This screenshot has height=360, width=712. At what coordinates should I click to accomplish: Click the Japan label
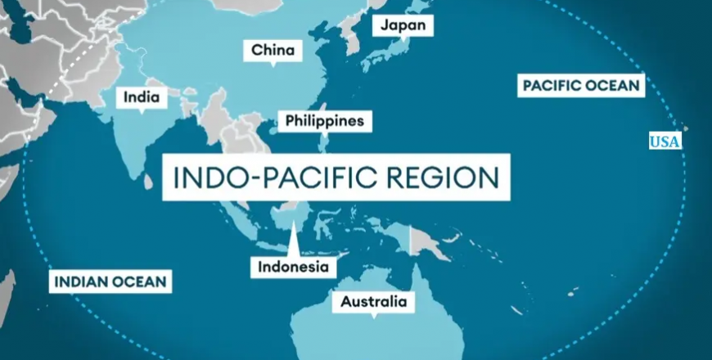tap(403, 25)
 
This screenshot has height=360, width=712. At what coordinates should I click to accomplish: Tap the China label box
tap(273, 51)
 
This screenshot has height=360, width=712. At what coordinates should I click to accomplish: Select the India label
tap(141, 97)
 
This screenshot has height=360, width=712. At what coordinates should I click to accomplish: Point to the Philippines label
tap(324, 121)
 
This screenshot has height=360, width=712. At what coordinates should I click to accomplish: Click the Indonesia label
tap(292, 267)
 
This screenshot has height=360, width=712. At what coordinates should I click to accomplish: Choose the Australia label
tap(373, 302)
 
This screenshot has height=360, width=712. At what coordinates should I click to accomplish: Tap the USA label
tap(665, 142)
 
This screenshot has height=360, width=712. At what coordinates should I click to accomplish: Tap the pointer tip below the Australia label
tap(373, 316)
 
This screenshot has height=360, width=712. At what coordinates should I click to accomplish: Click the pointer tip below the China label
tap(273, 65)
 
